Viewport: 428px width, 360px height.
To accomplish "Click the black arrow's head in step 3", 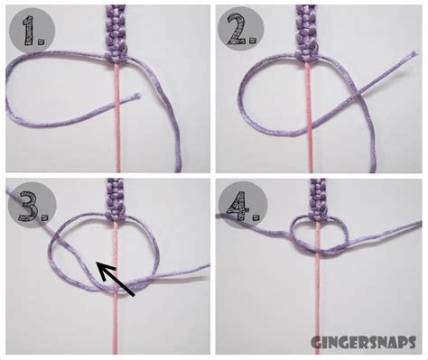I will (98, 264).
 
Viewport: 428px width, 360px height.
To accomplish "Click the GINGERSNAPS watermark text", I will (366, 344).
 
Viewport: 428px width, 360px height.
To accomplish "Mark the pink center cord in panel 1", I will (116, 126).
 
